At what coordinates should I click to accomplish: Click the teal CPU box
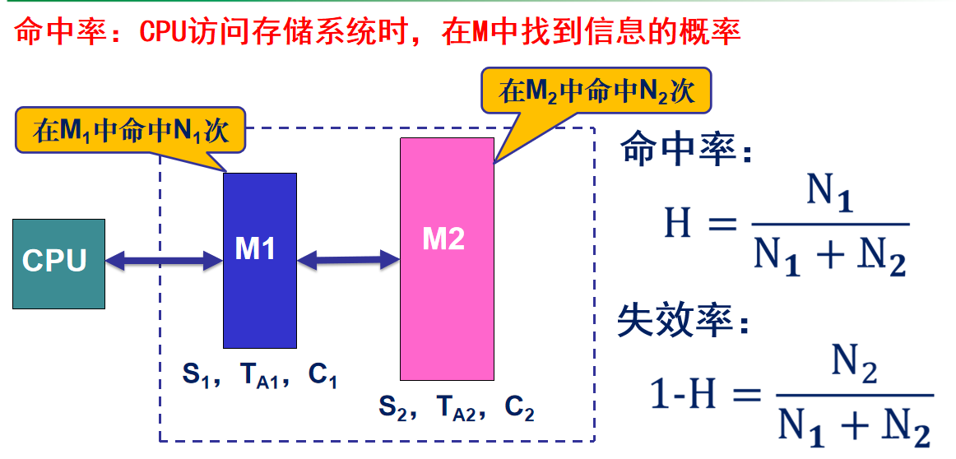coord(58,263)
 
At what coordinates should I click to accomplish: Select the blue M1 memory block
coord(259,260)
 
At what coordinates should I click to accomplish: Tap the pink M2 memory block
coord(447,258)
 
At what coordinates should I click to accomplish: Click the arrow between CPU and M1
coord(165,262)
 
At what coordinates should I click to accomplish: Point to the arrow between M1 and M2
coord(349,261)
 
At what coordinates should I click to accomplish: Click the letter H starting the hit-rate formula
coord(677,223)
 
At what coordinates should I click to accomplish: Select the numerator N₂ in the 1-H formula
coord(854,363)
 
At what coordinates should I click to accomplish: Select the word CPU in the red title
coord(163,32)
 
